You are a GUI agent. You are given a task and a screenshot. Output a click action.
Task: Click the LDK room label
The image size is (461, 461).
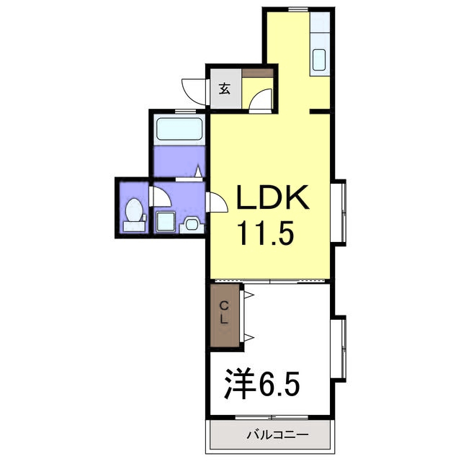[272, 197]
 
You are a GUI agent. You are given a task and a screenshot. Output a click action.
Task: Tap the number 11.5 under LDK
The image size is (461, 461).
[267, 233]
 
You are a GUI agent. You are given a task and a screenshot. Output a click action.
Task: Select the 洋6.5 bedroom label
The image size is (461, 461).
[262, 384]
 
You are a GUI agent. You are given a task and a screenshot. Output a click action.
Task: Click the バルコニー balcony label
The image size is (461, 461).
[277, 434]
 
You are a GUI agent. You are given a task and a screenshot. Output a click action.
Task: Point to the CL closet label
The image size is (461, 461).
[224, 313]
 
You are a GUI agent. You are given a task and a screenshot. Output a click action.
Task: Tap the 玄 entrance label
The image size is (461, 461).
[224, 89]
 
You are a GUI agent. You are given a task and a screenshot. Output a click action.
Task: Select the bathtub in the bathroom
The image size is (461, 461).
[179, 129]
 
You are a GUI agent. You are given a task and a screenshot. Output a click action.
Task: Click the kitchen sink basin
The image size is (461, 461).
[319, 60]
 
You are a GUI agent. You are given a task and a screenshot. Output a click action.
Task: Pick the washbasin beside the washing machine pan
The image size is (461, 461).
[192, 225]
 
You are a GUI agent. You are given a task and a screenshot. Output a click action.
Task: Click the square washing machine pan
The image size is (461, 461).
[166, 222]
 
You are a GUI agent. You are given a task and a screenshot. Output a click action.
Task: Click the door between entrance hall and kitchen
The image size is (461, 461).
[261, 101]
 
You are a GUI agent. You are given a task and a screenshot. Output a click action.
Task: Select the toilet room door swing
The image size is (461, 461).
[160, 196]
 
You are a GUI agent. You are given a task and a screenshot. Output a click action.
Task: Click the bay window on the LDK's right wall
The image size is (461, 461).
[338, 212]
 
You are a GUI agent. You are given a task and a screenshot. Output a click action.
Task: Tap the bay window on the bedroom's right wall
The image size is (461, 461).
[338, 349]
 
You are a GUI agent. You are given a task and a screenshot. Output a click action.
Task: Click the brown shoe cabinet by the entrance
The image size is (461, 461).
[258, 73]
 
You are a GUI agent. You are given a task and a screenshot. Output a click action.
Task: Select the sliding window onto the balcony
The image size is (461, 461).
[272, 417]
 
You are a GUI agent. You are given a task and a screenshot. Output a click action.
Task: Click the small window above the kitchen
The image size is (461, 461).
[298, 9]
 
